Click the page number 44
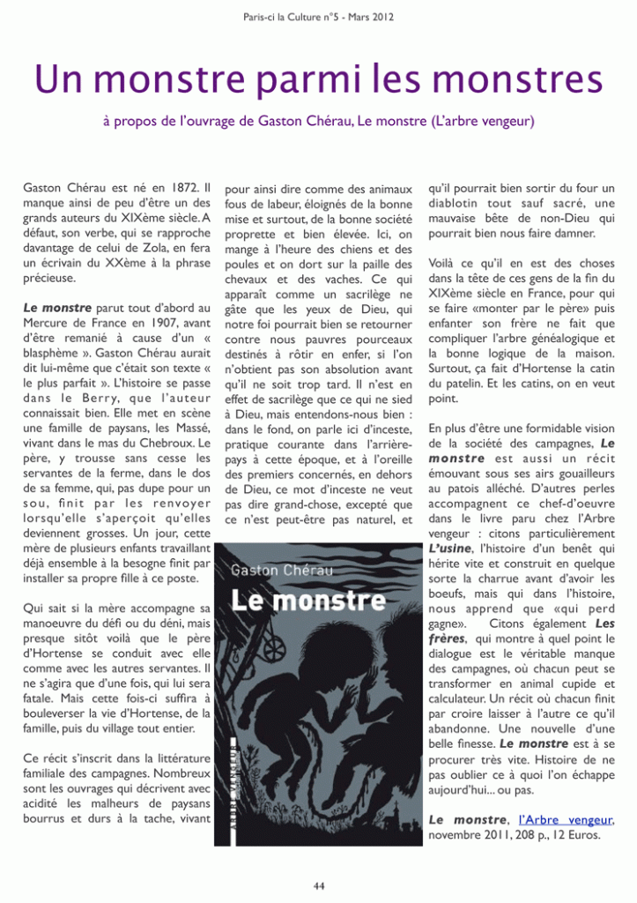(318, 885)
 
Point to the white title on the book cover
(298, 602)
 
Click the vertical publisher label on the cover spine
(238, 776)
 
